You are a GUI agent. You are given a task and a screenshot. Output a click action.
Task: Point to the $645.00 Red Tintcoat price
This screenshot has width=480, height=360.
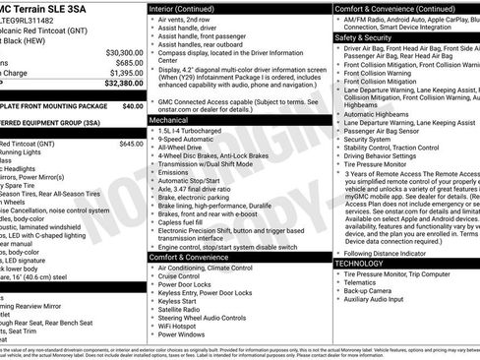point(131,144)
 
